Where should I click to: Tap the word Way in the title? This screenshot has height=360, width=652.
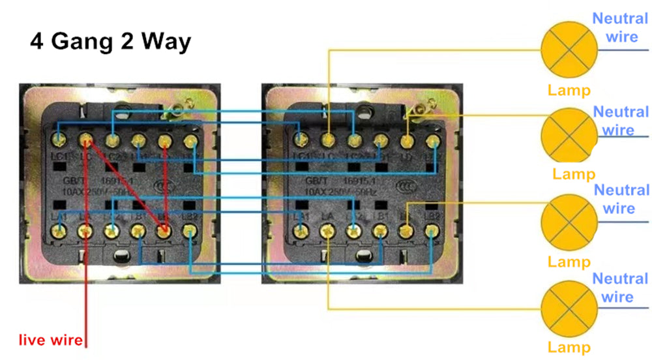(168, 41)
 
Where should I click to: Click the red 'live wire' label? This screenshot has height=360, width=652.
(50, 340)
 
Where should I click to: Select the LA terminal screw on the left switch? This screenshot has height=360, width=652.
(85, 230)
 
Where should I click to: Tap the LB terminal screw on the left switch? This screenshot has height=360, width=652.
(164, 230)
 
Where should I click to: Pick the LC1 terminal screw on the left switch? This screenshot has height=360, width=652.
(59, 139)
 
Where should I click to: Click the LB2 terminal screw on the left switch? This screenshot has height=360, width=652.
(190, 230)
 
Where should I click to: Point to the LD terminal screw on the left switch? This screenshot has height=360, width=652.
(164, 140)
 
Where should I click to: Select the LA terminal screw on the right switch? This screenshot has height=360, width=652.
(327, 230)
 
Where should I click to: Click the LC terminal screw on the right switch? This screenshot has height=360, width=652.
(328, 139)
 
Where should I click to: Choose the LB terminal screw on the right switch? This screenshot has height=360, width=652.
(406, 230)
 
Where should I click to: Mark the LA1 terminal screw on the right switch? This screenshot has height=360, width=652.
(301, 230)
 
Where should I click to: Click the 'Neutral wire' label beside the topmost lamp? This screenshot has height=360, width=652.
(620, 27)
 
